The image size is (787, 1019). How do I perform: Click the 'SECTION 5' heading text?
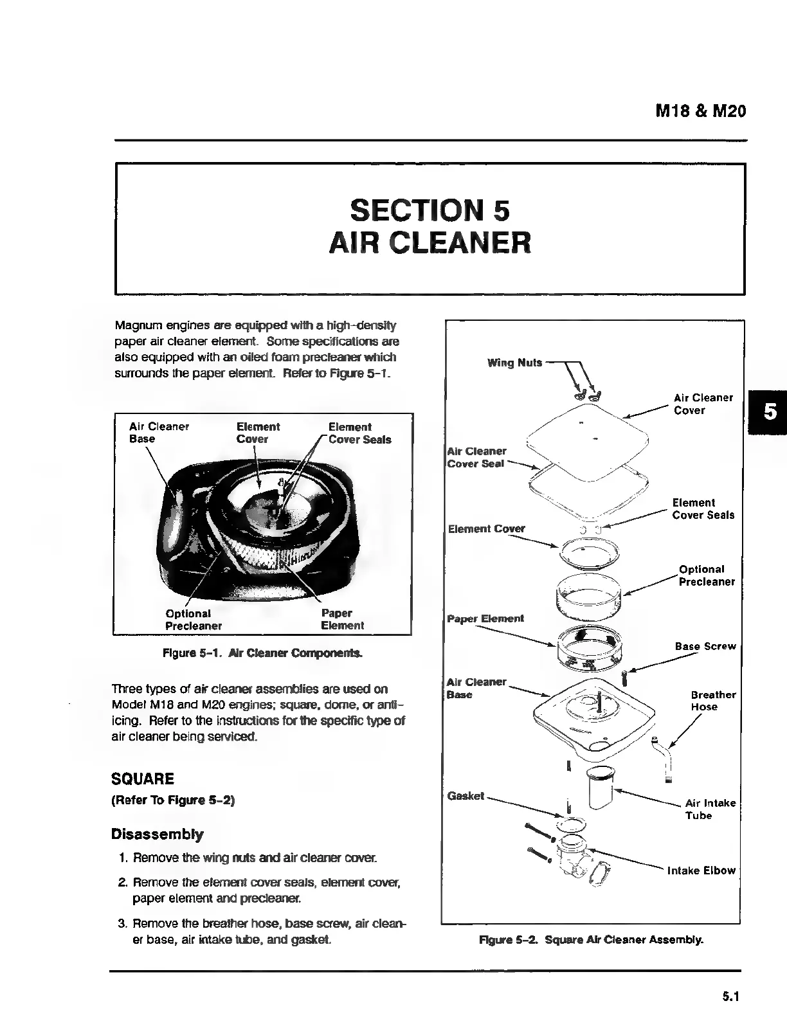click(x=430, y=210)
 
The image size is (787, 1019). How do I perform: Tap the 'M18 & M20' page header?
click(x=700, y=111)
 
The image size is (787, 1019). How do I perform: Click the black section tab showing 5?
click(x=768, y=411)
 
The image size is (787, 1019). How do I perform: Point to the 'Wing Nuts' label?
click(x=514, y=363)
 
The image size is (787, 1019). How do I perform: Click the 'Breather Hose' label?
click(x=713, y=701)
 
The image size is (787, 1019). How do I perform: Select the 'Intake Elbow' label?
click(x=701, y=870)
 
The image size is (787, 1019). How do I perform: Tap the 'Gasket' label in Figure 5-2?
click(x=466, y=796)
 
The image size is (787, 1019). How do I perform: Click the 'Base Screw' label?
click(x=705, y=646)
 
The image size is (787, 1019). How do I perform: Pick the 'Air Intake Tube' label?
click(x=710, y=809)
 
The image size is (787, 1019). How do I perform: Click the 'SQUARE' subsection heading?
click(x=143, y=779)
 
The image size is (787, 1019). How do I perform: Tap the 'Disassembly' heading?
click(x=158, y=834)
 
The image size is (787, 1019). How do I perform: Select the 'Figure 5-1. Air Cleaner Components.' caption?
click(x=262, y=653)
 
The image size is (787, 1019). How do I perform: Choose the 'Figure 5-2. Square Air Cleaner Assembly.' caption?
click(x=592, y=940)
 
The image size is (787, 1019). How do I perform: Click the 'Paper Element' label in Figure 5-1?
click(x=342, y=619)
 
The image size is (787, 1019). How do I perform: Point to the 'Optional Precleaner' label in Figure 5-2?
click(x=706, y=575)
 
